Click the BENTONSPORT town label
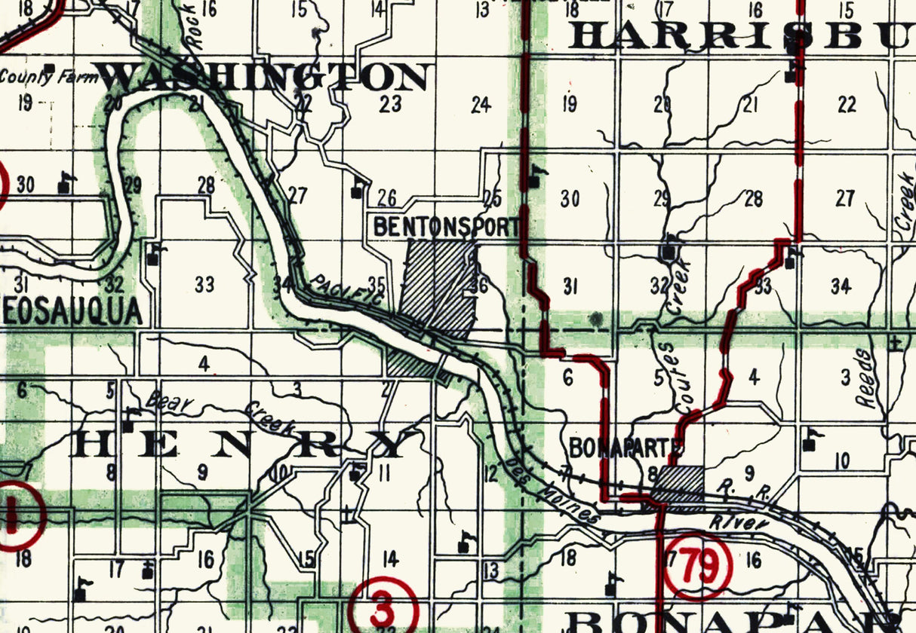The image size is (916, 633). (x=447, y=226)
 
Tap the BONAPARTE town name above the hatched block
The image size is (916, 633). (x=626, y=447)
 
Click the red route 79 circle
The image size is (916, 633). (x=697, y=567)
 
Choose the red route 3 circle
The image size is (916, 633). (x=383, y=606)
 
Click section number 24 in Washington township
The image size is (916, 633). (x=481, y=105)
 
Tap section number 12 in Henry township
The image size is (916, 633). (x=491, y=475)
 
